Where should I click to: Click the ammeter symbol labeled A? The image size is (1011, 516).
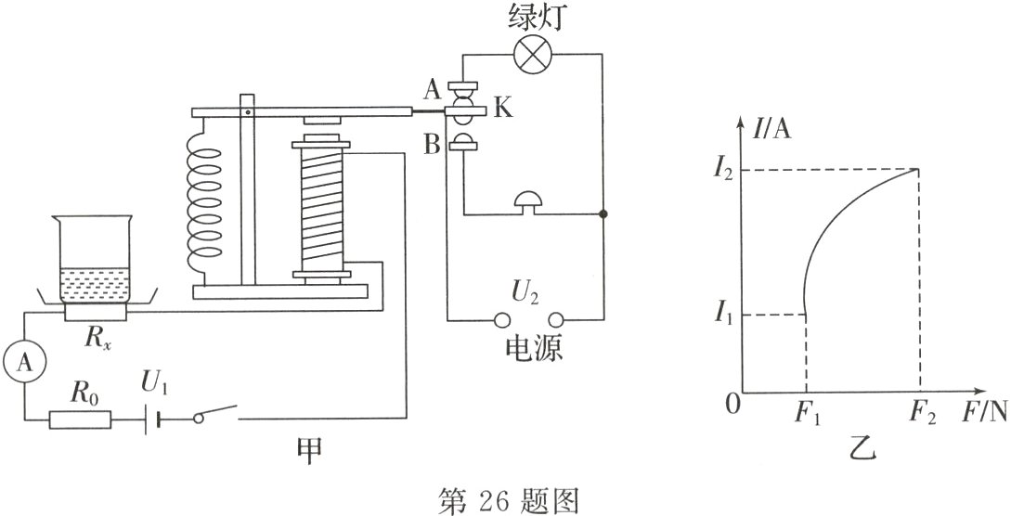point(25,364)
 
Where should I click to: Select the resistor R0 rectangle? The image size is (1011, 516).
point(81,419)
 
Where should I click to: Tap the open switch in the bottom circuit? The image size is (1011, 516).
point(215,415)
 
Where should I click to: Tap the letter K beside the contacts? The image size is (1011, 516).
point(502,110)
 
